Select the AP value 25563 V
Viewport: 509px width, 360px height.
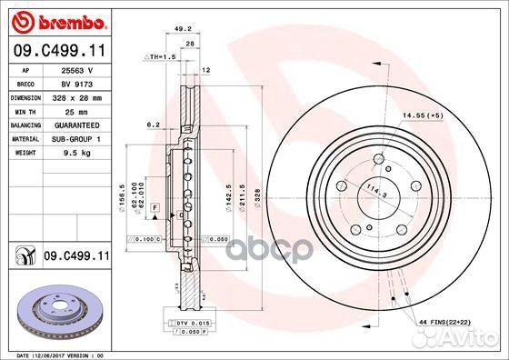[x=76, y=70]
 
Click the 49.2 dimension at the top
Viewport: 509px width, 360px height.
[x=183, y=27]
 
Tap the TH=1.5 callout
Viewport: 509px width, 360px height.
[x=159, y=56]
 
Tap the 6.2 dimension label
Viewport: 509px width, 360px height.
[x=153, y=125]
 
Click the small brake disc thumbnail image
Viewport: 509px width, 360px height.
[x=55, y=309]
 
